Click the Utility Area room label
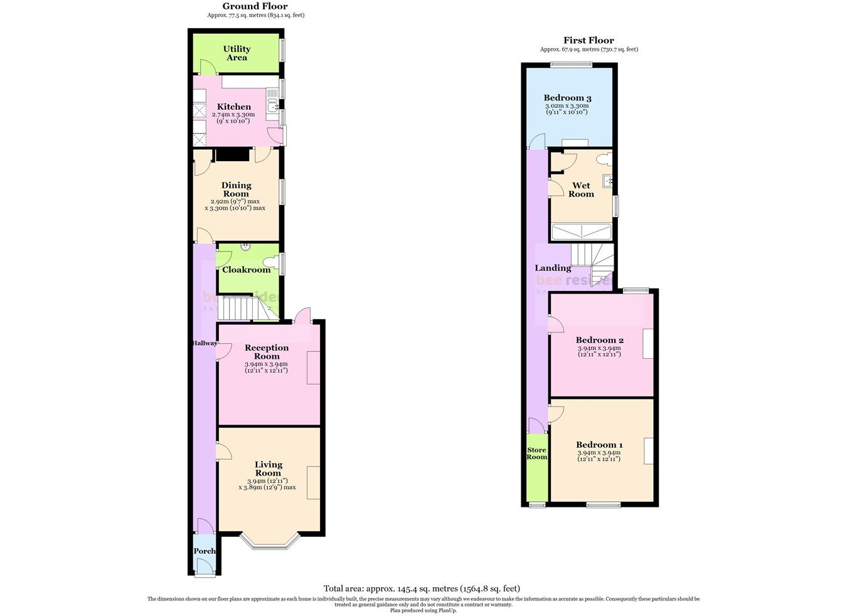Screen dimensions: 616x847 [x=237, y=53]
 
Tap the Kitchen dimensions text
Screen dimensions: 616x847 [x=233, y=118]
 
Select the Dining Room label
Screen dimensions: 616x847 [x=237, y=189]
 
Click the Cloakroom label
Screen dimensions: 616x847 [x=247, y=270]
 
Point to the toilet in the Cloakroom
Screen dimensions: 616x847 [x=272, y=262]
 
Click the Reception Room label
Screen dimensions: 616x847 [x=267, y=352]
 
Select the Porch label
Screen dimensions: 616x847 [x=205, y=551]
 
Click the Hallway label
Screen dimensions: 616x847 [x=205, y=343]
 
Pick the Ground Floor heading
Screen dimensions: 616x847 [x=255, y=6]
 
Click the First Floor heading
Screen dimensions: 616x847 [x=589, y=40]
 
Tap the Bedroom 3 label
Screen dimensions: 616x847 [x=567, y=98]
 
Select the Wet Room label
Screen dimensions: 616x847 [x=581, y=189]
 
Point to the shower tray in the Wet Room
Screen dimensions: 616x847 [x=581, y=233]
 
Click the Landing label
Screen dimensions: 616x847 [x=553, y=268]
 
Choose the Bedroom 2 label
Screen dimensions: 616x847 [x=599, y=341]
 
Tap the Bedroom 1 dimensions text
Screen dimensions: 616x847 [x=599, y=456]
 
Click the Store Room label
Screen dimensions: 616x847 [x=536, y=454]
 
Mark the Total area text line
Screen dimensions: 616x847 [x=422, y=588]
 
